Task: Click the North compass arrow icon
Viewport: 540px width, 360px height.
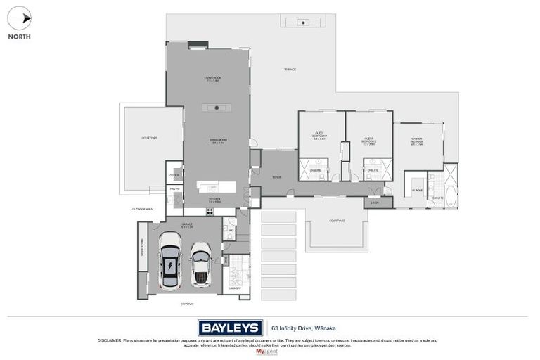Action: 19,19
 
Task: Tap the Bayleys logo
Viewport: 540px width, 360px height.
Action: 231,327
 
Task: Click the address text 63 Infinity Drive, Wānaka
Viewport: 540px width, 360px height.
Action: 308,328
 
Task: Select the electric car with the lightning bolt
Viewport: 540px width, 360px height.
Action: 169,261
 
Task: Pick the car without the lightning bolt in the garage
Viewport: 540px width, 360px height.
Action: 202,264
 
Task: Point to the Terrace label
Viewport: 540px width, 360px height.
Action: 290,70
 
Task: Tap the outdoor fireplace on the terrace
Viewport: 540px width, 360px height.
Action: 303,22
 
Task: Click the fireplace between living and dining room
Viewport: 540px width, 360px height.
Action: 217,108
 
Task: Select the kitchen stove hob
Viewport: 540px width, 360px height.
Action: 210,212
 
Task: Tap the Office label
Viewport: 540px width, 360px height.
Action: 174,175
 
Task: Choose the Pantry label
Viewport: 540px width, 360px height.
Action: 174,188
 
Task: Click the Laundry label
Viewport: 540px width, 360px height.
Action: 236,288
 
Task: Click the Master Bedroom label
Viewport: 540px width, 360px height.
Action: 417,141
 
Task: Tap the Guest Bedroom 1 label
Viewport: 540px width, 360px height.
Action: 320,135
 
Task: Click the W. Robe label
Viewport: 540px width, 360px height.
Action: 417,190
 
